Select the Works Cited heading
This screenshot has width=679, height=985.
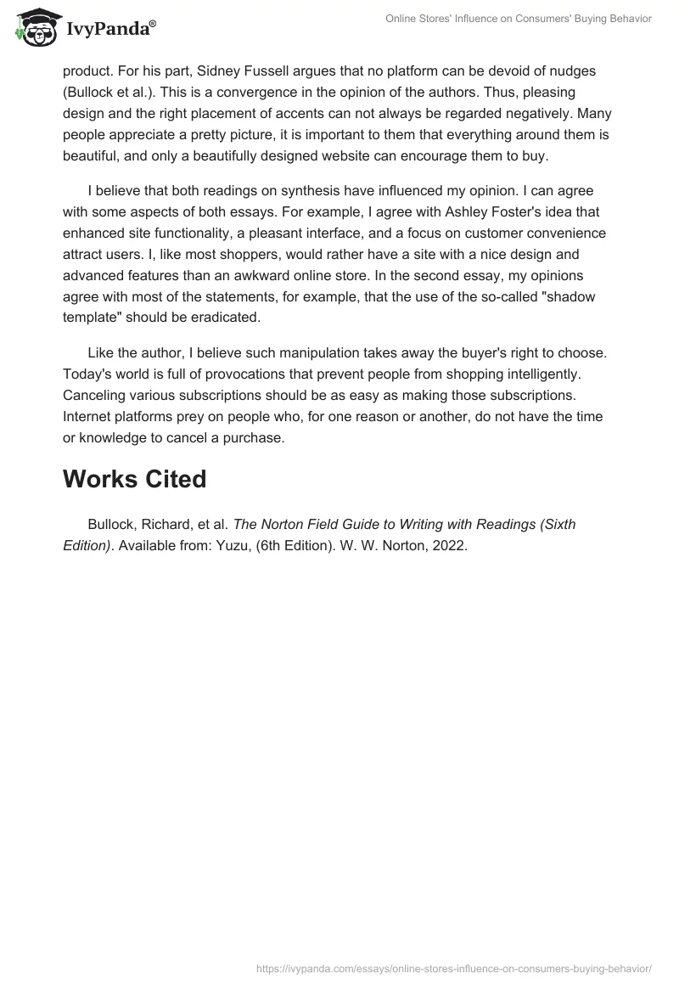(x=134, y=479)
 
